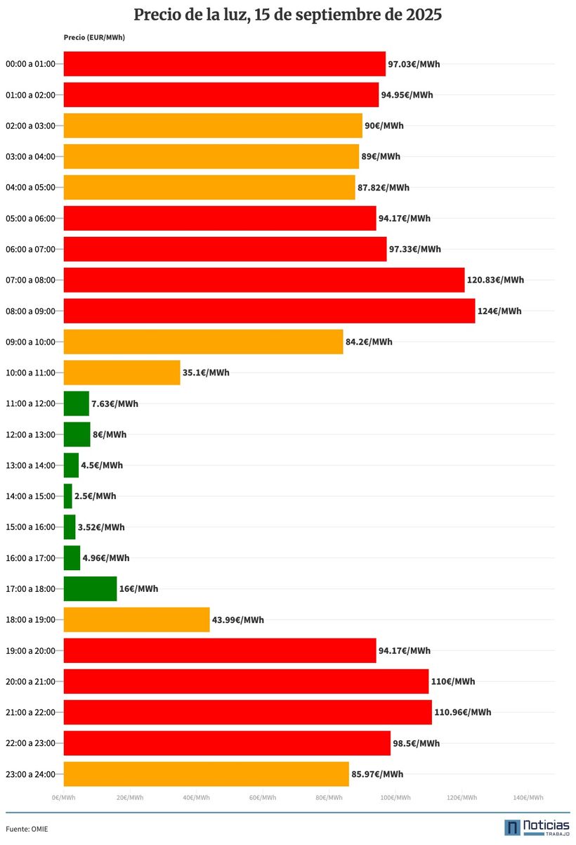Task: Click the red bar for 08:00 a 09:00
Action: click(269, 311)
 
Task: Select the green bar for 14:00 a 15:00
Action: click(68, 496)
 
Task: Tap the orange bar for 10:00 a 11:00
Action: click(122, 373)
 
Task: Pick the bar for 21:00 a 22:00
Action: click(247, 712)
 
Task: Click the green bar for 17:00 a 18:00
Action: click(90, 589)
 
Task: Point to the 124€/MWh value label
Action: click(499, 311)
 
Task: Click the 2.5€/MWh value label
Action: click(96, 496)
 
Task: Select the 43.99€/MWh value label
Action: click(238, 620)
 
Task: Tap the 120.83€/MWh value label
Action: click(495, 280)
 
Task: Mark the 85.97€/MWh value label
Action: click(377, 774)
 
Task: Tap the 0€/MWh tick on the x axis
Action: click(63, 797)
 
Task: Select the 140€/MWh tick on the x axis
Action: click(528, 797)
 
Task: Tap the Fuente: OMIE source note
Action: click(27, 829)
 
